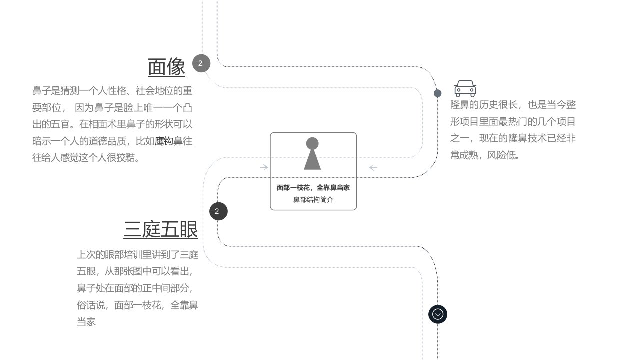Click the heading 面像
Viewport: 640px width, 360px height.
(x=167, y=67)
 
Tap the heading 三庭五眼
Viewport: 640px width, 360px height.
(x=161, y=229)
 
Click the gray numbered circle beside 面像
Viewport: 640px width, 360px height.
(x=201, y=63)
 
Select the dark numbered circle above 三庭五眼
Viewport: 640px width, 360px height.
(x=218, y=211)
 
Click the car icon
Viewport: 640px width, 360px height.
(x=465, y=89)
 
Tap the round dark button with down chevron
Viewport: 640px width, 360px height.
(x=438, y=314)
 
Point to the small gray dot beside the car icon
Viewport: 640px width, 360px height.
(x=437, y=93)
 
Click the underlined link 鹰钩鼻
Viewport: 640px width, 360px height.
(x=169, y=141)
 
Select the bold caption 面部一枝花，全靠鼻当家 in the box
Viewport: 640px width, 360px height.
(x=313, y=188)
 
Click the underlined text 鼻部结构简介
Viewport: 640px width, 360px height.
(x=313, y=199)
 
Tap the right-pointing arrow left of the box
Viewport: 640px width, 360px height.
(x=264, y=167)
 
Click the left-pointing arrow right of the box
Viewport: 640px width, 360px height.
(x=373, y=168)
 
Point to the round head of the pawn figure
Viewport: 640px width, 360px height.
(x=312, y=143)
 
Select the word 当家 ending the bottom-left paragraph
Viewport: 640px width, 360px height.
(x=86, y=322)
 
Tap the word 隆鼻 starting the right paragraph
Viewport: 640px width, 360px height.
(x=460, y=105)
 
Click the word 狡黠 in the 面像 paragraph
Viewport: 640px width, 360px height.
(x=125, y=157)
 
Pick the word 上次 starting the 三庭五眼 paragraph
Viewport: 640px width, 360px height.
(x=86, y=255)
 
